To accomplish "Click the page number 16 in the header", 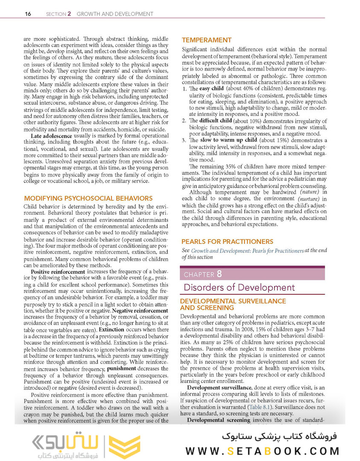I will click(x=28, y=14).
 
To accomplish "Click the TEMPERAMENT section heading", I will click(x=207, y=40).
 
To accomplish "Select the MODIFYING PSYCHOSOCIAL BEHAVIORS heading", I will click(x=88, y=198).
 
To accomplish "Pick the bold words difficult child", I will click(x=215, y=121).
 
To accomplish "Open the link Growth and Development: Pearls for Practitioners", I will click(x=247, y=251).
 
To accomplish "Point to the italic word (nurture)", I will click(x=308, y=199).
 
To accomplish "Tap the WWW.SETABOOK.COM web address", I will click(x=262, y=451).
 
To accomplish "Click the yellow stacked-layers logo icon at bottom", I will click(x=125, y=447).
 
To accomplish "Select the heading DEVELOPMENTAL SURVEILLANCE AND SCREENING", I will click(x=232, y=304).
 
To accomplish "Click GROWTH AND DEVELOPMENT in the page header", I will click(x=115, y=14).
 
